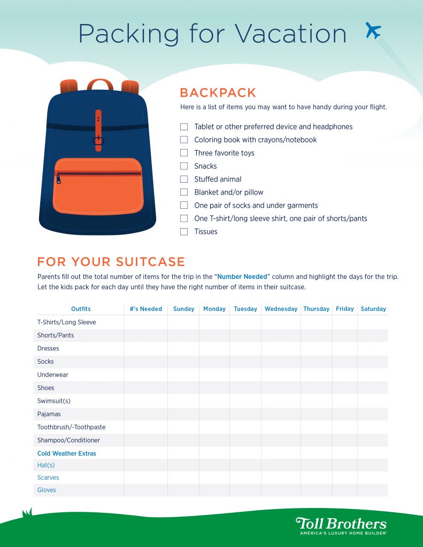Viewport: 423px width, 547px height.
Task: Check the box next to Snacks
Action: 184,166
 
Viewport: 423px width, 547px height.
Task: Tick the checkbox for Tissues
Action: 184,232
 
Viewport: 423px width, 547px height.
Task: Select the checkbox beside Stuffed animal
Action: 184,179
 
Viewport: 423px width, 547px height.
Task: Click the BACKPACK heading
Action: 218,92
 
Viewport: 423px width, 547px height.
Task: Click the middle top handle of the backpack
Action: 100,84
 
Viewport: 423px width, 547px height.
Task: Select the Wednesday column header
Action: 281,309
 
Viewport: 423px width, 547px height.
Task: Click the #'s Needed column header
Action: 146,309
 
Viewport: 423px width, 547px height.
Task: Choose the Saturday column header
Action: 373,309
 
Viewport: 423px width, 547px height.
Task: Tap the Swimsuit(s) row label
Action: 53,401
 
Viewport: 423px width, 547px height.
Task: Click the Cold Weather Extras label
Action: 67,454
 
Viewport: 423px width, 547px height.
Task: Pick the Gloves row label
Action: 47,490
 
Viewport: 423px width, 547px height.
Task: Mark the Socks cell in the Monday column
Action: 214,362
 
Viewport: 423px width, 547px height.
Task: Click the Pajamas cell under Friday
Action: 345,414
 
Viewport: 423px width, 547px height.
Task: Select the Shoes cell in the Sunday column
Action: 183,388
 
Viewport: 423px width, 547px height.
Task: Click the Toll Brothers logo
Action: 341,525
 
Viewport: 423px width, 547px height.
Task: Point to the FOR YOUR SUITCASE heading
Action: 111,262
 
